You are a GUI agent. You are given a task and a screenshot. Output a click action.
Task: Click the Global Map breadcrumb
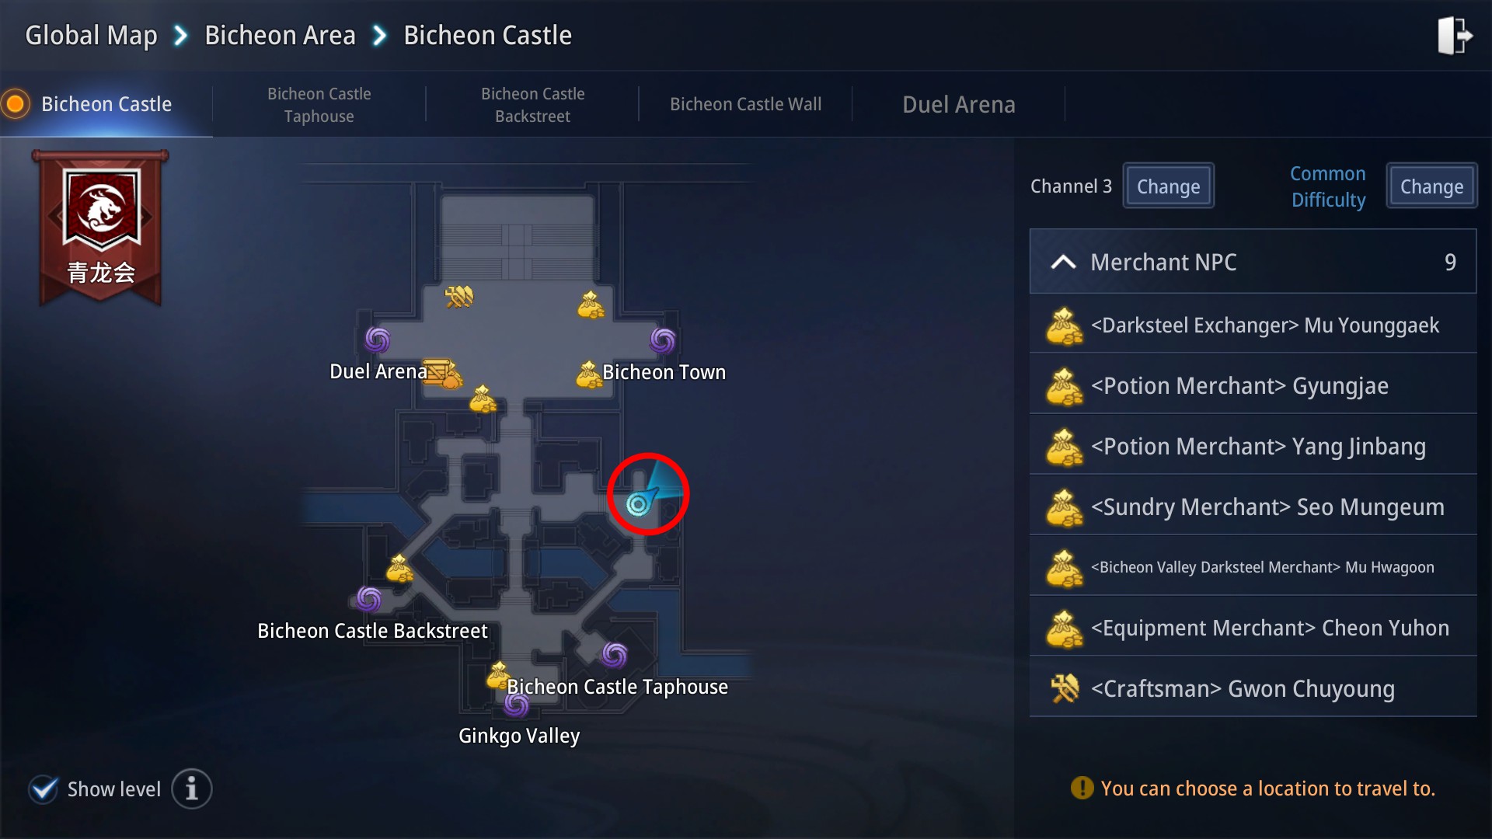tap(91, 36)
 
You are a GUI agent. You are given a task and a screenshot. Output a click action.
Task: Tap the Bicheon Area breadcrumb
tap(280, 36)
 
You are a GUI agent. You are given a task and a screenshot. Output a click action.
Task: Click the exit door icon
tap(1454, 36)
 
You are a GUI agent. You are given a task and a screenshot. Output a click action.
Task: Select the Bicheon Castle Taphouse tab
tap(319, 105)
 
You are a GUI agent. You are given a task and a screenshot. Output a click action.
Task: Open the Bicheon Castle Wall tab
tap(745, 105)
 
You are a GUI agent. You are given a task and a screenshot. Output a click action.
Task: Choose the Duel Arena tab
tap(958, 105)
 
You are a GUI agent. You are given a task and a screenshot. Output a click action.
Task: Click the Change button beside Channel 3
tap(1168, 186)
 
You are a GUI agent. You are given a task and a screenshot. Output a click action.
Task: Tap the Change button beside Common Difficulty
tap(1431, 186)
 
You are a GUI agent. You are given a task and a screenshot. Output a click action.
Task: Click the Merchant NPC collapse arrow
tap(1063, 263)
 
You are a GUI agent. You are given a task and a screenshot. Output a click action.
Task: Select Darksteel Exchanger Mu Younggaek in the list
tap(1253, 326)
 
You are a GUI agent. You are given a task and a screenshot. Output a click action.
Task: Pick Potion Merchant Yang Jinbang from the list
tap(1253, 447)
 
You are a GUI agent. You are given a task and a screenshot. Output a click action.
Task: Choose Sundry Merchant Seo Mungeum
tap(1253, 507)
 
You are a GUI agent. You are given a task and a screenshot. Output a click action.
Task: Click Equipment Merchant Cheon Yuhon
tap(1253, 628)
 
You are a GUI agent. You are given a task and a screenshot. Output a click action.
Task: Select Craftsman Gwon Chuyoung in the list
tap(1253, 689)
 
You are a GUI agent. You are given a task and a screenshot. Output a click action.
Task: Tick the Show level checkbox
tap(44, 789)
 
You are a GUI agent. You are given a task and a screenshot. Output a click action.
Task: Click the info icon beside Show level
tap(191, 789)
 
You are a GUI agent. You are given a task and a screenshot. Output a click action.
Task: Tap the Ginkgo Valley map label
tap(519, 736)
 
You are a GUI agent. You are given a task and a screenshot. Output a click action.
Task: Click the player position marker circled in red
tap(639, 504)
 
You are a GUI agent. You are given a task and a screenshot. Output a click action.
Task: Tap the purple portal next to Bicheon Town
tap(663, 339)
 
